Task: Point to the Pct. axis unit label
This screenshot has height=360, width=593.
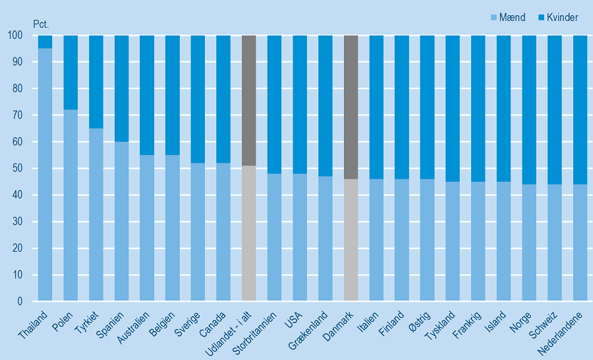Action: [x=42, y=24]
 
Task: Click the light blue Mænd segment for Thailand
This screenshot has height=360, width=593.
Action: [x=45, y=175]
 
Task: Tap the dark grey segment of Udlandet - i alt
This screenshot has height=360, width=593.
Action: [x=249, y=100]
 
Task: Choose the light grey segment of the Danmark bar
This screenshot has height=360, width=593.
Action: [x=351, y=240]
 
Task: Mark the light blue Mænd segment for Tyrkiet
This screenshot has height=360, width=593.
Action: [x=96, y=215]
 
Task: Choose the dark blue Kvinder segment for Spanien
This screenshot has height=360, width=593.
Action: [x=121, y=88]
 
